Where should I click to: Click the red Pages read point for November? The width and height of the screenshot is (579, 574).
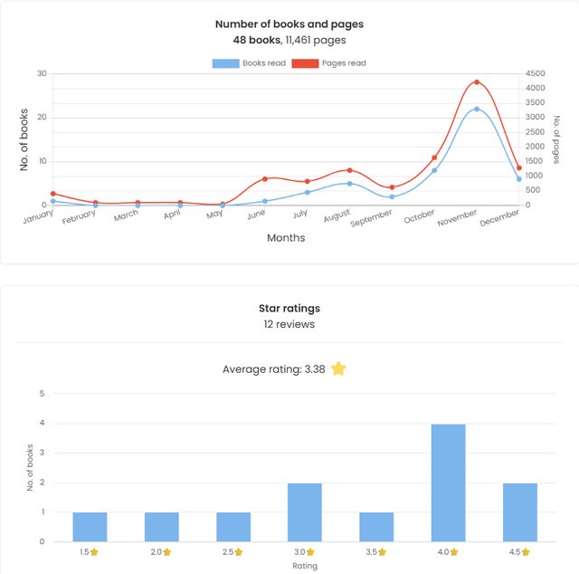[477, 82]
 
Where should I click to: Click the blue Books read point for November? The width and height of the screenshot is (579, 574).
[477, 109]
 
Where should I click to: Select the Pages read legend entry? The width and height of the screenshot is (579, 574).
[329, 63]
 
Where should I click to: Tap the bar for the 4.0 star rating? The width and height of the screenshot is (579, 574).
[448, 483]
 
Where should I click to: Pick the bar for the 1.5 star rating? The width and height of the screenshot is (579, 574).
[90, 527]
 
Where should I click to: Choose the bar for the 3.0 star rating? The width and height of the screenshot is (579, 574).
[305, 512]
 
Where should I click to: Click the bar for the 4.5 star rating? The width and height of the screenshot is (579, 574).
[519, 512]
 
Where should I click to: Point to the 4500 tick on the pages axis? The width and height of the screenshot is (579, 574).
[536, 74]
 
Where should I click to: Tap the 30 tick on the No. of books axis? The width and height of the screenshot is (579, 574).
[42, 73]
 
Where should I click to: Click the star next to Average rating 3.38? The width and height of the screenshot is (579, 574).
[338, 368]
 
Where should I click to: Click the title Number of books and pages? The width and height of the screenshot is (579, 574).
[289, 24]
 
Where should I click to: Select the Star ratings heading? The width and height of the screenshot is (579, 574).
[289, 309]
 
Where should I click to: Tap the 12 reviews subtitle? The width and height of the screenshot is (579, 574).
[289, 324]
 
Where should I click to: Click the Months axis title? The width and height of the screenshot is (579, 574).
[286, 238]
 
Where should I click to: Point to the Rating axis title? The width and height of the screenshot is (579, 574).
[304, 566]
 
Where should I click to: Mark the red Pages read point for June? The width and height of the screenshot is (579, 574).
[265, 179]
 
